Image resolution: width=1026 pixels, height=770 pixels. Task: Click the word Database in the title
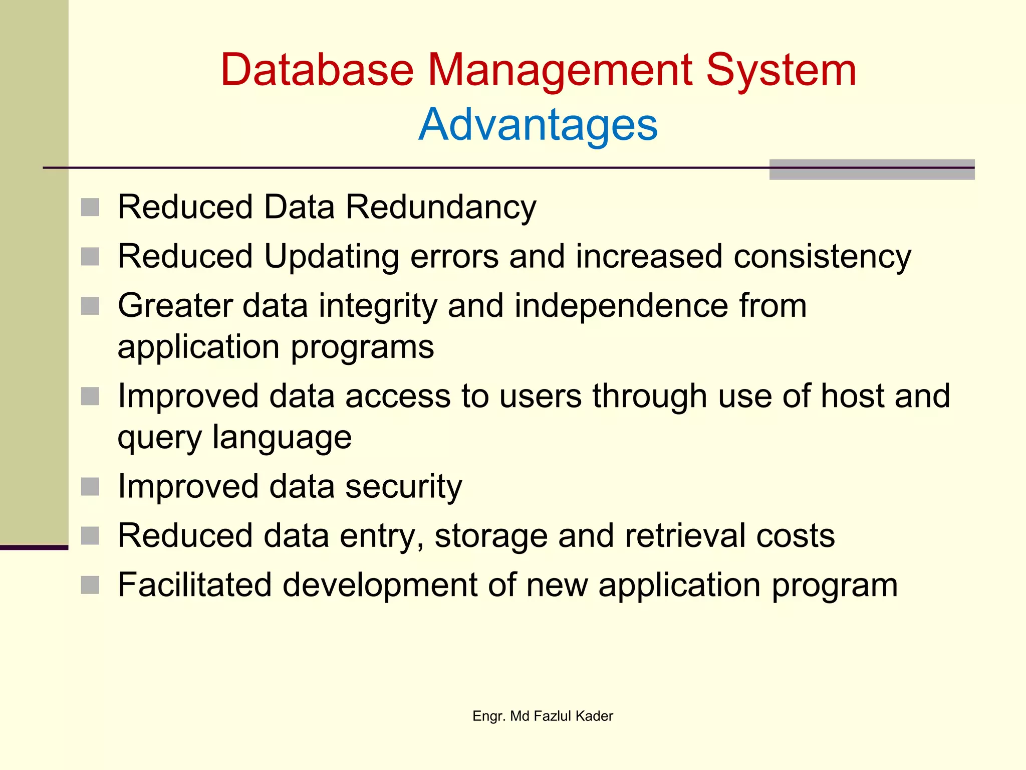point(317,70)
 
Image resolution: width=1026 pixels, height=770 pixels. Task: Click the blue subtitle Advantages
point(538,125)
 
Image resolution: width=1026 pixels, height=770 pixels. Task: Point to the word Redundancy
point(441,208)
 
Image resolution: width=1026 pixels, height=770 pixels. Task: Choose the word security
point(404,487)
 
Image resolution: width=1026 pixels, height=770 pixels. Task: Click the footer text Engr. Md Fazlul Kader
point(543,716)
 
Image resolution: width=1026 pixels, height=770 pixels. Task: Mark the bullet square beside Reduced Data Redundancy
point(90,208)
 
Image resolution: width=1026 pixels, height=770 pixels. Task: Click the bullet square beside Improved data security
point(90,487)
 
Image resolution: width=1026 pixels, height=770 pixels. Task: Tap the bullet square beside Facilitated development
point(90,585)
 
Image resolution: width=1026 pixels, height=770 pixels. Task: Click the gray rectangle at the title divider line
point(872,169)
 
